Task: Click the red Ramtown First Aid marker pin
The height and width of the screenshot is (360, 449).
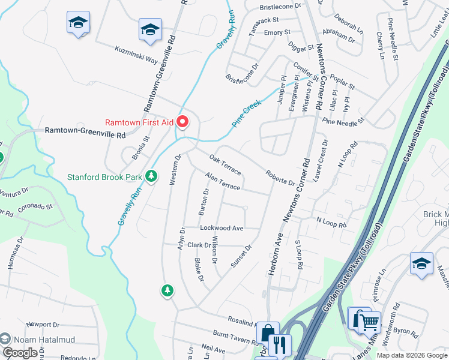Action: tap(183, 122)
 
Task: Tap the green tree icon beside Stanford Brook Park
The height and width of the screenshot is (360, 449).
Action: tap(152, 176)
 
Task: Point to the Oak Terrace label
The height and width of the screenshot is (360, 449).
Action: tap(225, 165)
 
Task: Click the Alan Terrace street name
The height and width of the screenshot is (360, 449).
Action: tap(223, 183)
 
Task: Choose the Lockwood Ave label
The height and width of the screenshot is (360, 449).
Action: tap(221, 229)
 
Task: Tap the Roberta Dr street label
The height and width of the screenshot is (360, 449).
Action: tap(280, 178)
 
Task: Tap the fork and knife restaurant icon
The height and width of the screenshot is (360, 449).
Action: tap(280, 345)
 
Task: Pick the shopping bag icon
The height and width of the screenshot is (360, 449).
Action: tap(267, 333)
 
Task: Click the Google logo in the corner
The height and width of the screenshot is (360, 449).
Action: tap(20, 353)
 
